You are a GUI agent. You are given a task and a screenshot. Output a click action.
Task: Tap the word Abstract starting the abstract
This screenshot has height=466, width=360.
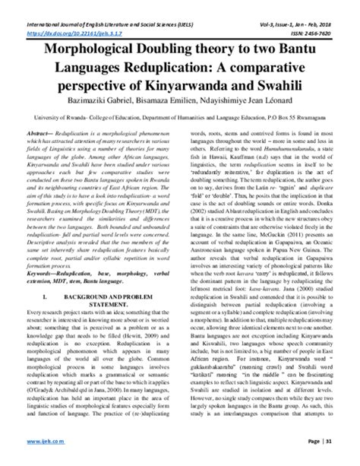click(x=37, y=131)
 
